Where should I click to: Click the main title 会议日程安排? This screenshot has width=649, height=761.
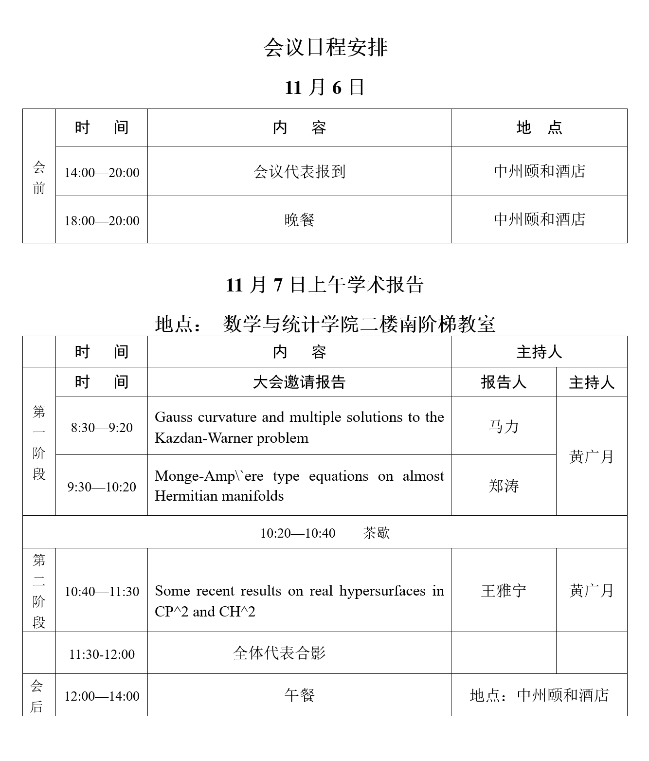coord(325,48)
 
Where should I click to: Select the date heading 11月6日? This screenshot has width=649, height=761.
coord(324,88)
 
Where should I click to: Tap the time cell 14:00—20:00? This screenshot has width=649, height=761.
coord(102,172)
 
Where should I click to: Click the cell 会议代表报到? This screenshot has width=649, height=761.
coord(299,172)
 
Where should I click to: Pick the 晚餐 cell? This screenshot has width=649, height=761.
coord(299,220)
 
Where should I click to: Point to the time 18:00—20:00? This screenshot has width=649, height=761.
coord(102,220)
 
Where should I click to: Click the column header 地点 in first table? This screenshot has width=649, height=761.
coord(539,127)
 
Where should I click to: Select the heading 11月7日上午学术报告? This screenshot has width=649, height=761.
coord(324,285)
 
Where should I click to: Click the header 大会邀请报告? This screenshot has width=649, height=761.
coord(299,382)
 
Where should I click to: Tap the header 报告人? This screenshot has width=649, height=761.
coord(504,382)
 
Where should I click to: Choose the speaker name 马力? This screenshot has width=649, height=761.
coord(504,427)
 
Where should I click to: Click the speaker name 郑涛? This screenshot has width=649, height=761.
coord(504,486)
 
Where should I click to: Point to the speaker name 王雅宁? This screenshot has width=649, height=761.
coord(504,591)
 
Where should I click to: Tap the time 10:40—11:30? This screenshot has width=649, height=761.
coord(102,592)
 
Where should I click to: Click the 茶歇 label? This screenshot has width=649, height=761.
coord(376,533)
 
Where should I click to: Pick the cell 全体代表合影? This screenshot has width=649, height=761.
coord(279,653)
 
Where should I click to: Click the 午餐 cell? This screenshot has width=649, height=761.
coord(299,695)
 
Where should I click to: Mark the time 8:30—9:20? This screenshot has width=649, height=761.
coord(102,428)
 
